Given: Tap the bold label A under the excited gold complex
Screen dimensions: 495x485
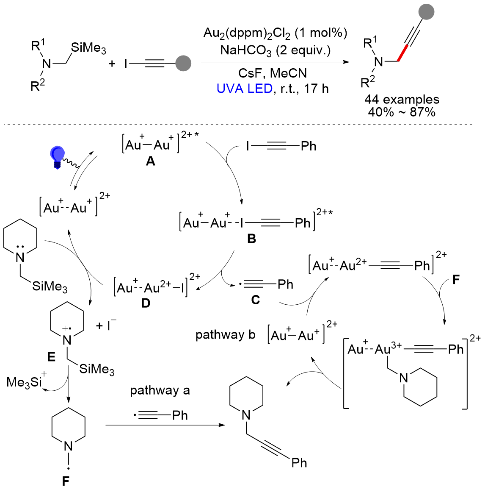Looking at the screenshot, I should tap(150, 161).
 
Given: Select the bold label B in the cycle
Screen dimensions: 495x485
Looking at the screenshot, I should tap(252, 239).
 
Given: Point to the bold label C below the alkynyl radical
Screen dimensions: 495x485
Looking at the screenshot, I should tap(255, 300).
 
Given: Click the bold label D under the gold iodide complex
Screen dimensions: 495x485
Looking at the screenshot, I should tap(146, 303).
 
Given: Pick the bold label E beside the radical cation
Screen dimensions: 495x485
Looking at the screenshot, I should tap(51, 357).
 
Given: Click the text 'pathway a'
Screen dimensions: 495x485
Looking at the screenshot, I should tap(160, 390).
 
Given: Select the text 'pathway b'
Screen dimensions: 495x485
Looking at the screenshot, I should tap(225, 335).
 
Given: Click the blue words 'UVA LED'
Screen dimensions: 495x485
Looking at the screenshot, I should tap(244, 89).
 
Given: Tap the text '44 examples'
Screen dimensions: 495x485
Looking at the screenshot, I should tap(402, 100).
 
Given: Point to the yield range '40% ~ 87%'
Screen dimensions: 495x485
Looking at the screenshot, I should tap(402, 112).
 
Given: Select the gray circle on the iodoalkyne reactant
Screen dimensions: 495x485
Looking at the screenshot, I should tap(183, 64).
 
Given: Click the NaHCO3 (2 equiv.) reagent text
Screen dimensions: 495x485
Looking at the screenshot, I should tap(275, 50).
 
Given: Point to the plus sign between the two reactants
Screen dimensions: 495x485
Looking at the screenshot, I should tap(112, 64).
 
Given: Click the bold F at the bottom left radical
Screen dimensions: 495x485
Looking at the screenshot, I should tap(66, 481).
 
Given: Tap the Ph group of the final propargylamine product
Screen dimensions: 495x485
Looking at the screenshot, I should tap(299, 462).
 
